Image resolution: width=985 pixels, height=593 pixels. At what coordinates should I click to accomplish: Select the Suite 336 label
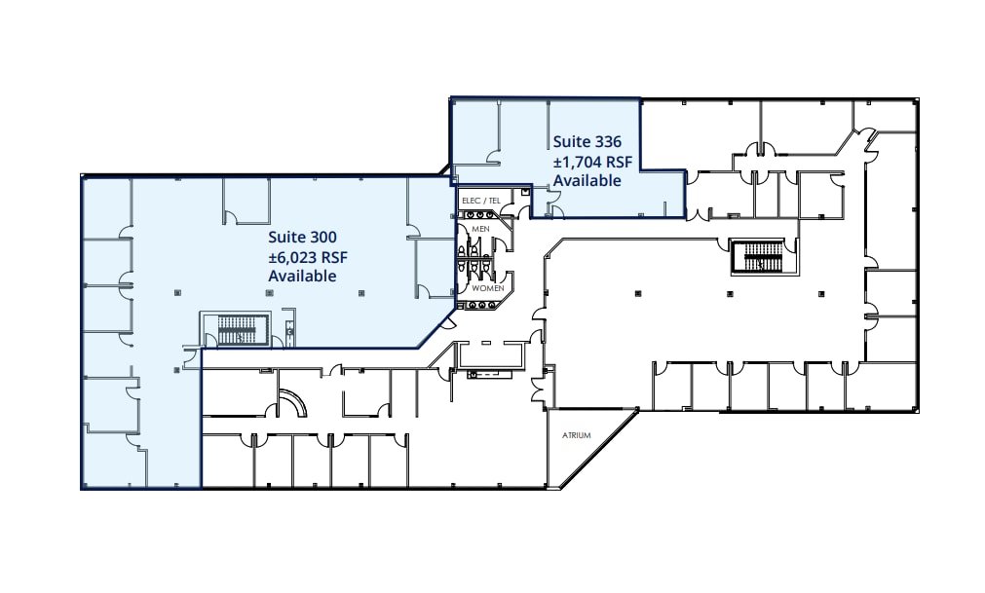[x=587, y=141]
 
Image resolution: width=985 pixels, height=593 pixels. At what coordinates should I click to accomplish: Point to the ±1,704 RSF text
[x=593, y=162]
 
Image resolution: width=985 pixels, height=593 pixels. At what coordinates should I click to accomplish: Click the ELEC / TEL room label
[x=480, y=201]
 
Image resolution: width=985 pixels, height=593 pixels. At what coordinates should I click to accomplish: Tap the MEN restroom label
[x=480, y=229]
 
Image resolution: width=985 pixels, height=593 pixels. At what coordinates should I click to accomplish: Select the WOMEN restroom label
[x=487, y=288]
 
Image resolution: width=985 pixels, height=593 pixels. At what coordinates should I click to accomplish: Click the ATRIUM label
[x=576, y=435]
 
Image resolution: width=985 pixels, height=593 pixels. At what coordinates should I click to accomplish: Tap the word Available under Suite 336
[x=587, y=181]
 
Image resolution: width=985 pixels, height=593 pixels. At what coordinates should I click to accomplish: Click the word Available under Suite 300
[x=302, y=276]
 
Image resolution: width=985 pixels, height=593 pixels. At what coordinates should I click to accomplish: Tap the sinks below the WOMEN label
[x=481, y=305]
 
